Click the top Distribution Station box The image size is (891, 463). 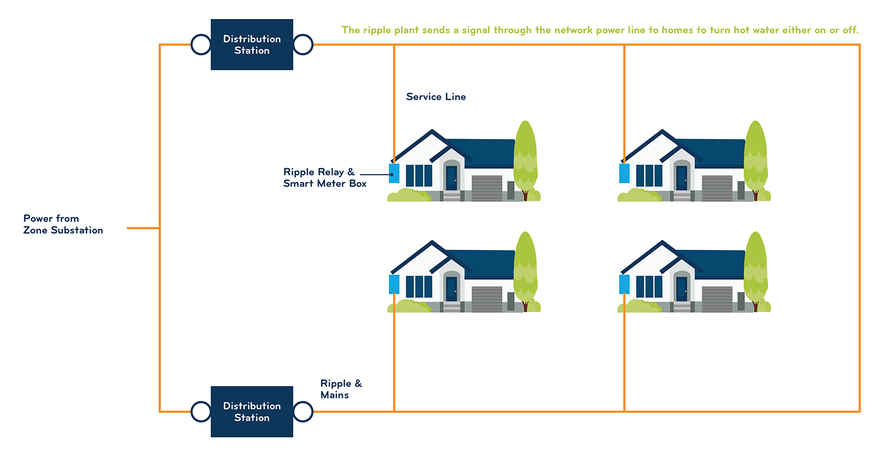pyautogui.click(x=252, y=45)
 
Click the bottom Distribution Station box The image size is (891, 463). pyautogui.click(x=252, y=412)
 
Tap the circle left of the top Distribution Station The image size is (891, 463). pyautogui.click(x=201, y=45)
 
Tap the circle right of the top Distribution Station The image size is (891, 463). pyautogui.click(x=303, y=45)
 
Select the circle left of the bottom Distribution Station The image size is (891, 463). pyautogui.click(x=201, y=412)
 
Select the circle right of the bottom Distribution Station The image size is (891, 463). pyautogui.click(x=303, y=412)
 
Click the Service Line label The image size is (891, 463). pyautogui.click(x=436, y=97)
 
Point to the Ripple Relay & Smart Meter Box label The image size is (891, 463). pyautogui.click(x=324, y=178)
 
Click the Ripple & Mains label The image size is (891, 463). pyautogui.click(x=342, y=389)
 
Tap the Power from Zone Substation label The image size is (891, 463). pyautogui.click(x=63, y=224)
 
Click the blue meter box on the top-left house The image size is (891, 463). pyautogui.click(x=394, y=173)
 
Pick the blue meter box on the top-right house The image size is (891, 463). pyautogui.click(x=624, y=173)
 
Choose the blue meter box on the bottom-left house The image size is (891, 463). pyautogui.click(x=394, y=284)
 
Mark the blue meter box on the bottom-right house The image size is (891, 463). pyautogui.click(x=624, y=284)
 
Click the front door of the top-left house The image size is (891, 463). pyautogui.click(x=451, y=178)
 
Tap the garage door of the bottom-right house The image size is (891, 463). pyautogui.click(x=717, y=299)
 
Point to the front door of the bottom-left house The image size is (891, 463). pyautogui.click(x=451, y=289)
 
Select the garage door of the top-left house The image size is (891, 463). pyautogui.click(x=487, y=188)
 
